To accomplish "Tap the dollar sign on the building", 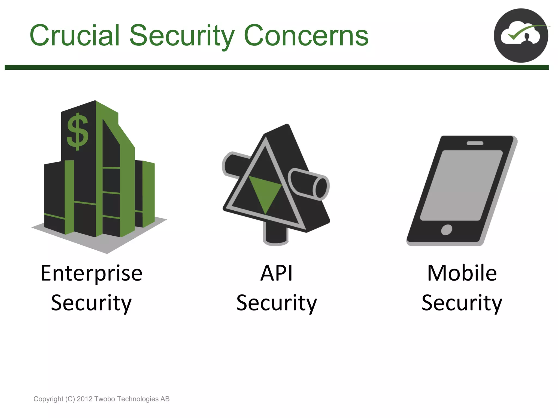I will [x=78, y=132].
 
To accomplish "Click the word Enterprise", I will [x=92, y=273].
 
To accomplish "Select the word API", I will [x=276, y=273].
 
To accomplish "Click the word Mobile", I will [x=462, y=273].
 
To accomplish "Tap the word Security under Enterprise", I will [x=92, y=303].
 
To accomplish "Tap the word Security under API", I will [x=276, y=303].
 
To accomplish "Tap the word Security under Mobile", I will [x=462, y=303].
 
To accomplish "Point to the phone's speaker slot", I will [x=475, y=143].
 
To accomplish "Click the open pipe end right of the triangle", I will [x=321, y=188].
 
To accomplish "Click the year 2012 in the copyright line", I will [x=84, y=399].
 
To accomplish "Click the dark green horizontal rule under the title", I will [x=276, y=67].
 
